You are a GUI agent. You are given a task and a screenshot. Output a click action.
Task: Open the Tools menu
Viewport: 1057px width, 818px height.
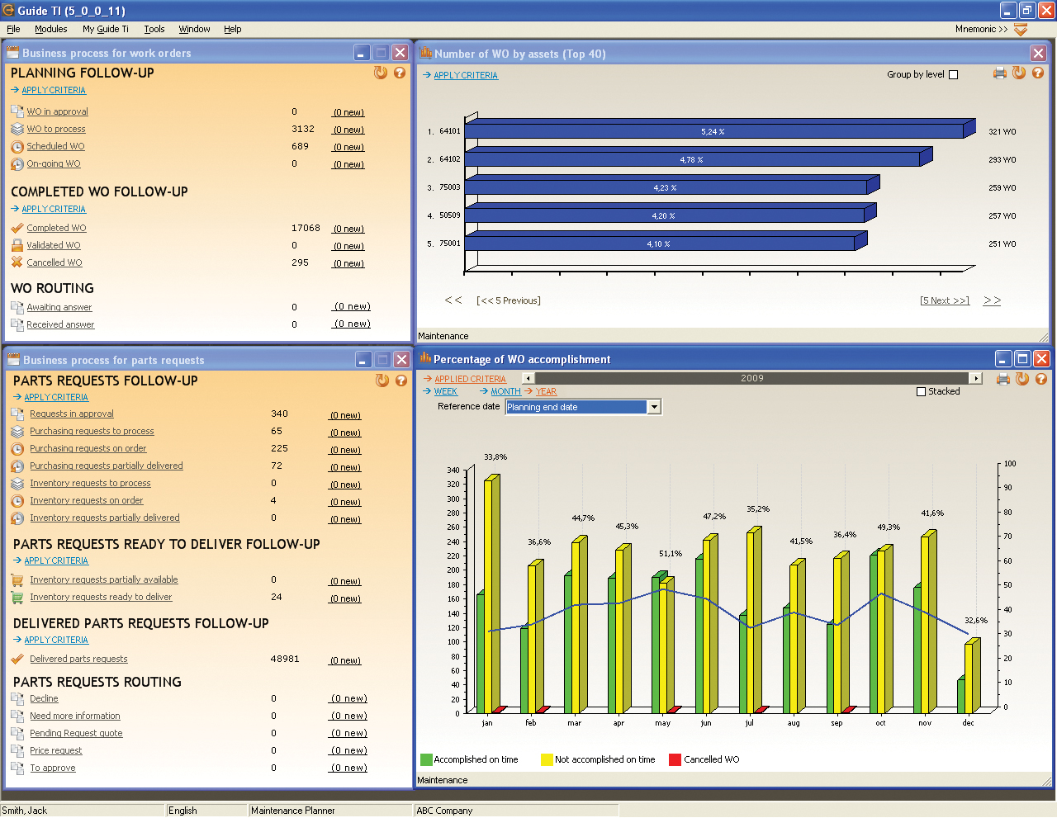(x=154, y=29)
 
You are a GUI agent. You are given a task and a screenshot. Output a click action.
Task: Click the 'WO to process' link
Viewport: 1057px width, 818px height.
(x=56, y=129)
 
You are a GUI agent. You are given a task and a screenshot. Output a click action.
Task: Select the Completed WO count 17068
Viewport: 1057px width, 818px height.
(x=306, y=228)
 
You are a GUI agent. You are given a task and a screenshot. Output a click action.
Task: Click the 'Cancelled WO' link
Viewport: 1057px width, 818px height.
(x=55, y=262)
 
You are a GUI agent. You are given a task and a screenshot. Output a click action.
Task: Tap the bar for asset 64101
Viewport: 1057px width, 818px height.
(x=713, y=131)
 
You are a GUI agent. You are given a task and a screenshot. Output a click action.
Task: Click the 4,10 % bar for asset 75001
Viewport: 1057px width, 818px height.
(x=659, y=244)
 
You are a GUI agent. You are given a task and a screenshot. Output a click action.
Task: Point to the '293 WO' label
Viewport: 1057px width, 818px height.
(x=1002, y=160)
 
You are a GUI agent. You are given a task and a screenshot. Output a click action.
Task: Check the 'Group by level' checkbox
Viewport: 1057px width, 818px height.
(x=954, y=75)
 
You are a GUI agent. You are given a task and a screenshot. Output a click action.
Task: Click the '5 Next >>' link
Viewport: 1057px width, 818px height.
(x=945, y=300)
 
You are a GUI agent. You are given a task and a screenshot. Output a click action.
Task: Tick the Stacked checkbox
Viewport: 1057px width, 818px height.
(x=922, y=392)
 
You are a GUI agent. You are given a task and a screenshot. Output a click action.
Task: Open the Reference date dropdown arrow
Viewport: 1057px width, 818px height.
(x=654, y=407)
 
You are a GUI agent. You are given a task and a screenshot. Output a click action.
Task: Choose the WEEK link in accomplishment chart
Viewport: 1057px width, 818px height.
(x=445, y=391)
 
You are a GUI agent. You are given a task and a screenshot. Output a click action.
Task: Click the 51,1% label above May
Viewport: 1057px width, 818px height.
(x=671, y=554)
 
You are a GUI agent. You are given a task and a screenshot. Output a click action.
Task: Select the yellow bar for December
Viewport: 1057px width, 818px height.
(x=969, y=677)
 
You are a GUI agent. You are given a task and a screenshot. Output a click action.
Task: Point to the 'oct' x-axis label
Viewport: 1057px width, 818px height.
(x=880, y=723)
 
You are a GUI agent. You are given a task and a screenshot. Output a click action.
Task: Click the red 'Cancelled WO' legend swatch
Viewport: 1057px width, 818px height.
(x=675, y=759)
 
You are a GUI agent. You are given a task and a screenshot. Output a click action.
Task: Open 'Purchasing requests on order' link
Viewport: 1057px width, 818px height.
(x=88, y=448)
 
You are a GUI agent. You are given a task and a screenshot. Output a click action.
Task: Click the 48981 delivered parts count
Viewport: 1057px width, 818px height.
(x=285, y=659)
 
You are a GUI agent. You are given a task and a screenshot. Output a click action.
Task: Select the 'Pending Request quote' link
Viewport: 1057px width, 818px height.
(x=76, y=733)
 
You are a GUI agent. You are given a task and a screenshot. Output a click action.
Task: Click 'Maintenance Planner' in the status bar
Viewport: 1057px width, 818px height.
(x=293, y=811)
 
